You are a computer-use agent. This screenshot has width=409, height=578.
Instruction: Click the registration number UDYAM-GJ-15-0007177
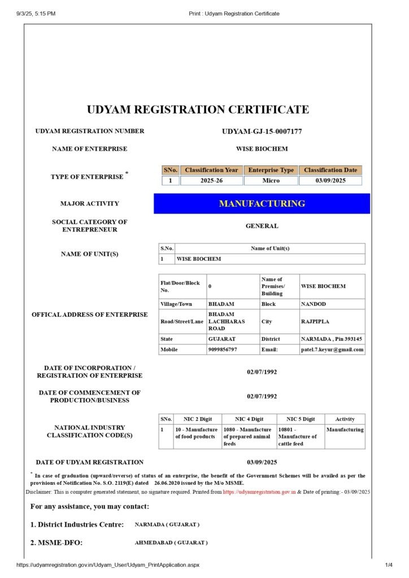tap(262, 132)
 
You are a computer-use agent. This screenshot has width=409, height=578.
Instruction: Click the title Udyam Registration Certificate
tap(198, 110)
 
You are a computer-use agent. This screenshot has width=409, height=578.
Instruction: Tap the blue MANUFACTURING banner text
tap(262, 204)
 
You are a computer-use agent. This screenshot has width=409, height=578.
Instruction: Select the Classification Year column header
tap(211, 170)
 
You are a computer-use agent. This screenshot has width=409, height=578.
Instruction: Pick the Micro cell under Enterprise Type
tap(271, 181)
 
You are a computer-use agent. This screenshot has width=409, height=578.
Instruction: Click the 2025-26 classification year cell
tap(211, 181)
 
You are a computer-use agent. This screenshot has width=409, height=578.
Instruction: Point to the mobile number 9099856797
tap(222, 349)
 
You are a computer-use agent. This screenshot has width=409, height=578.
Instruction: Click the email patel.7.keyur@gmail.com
tap(332, 349)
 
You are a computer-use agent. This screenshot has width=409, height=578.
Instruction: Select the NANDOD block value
tap(314, 304)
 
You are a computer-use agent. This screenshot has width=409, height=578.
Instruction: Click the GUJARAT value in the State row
tap(222, 339)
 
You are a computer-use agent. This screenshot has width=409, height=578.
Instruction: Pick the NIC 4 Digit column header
tap(249, 419)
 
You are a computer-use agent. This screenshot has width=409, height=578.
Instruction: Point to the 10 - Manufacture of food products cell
tap(196, 433)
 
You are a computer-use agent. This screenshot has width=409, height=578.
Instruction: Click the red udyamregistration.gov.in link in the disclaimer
tap(259, 492)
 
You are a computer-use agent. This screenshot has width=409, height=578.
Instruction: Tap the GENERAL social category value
tap(262, 226)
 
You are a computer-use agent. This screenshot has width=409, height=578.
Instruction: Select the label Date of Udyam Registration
tap(89, 462)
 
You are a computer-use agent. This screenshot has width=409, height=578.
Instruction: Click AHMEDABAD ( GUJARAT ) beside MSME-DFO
tap(171, 542)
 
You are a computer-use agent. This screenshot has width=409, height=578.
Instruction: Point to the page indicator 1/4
tap(389, 565)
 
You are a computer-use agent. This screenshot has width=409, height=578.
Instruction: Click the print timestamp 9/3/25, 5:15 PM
tap(36, 13)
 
